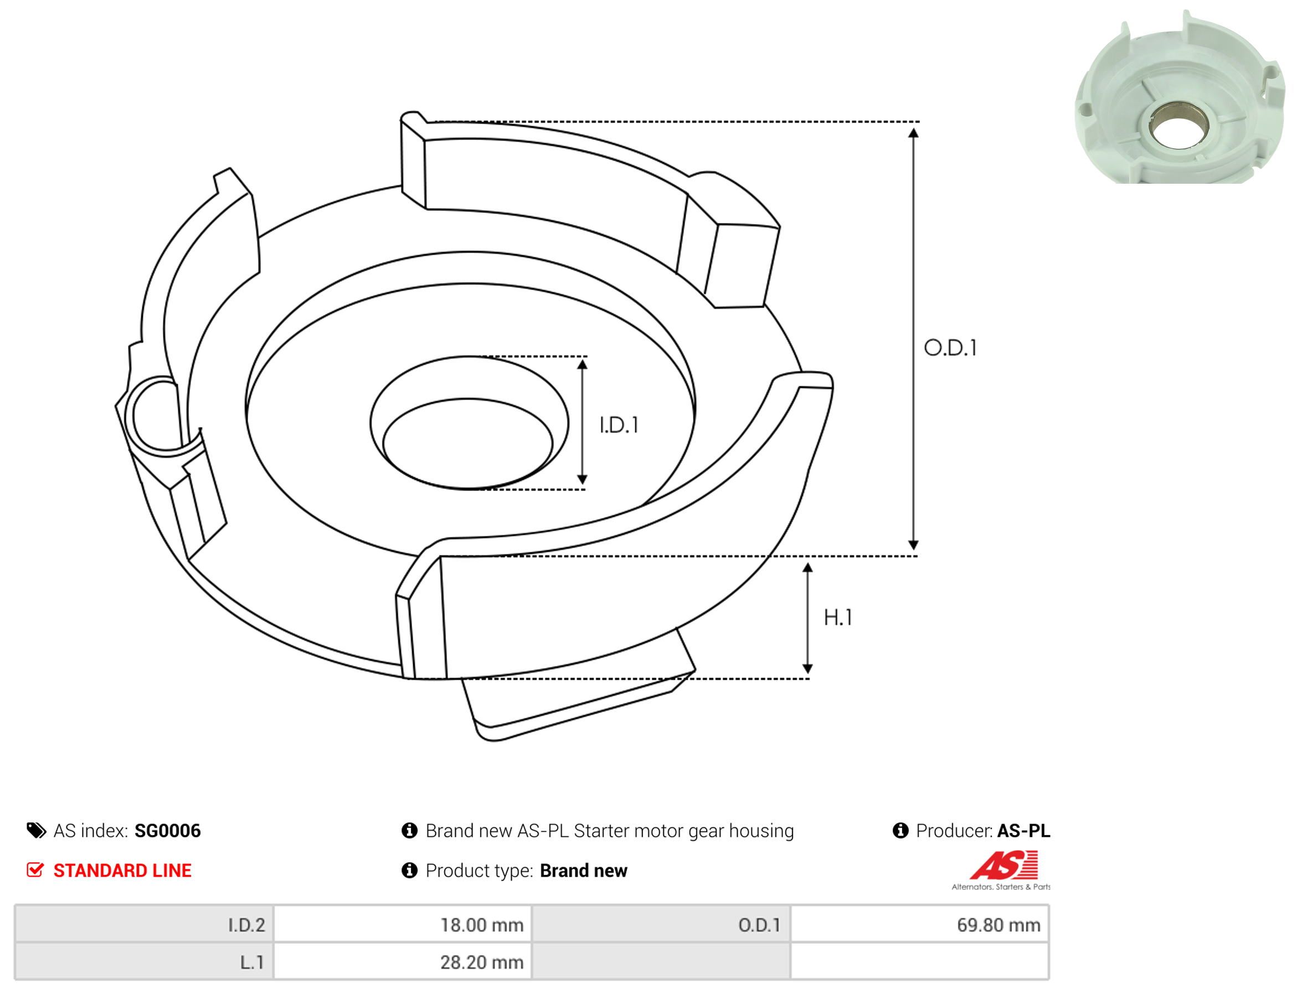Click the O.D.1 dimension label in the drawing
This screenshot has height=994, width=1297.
click(x=950, y=348)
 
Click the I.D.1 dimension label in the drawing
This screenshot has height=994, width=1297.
click(x=619, y=425)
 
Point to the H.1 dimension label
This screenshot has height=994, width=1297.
click(x=838, y=618)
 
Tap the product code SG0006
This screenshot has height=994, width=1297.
click(x=168, y=831)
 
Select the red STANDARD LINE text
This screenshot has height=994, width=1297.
click(x=122, y=871)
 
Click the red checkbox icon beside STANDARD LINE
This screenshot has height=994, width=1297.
click(x=35, y=870)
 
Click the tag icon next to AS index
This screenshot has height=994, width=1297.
click(x=36, y=831)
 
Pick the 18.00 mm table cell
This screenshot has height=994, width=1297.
click(x=403, y=925)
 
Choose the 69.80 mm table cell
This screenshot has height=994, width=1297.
click(x=919, y=925)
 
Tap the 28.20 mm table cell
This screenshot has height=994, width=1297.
click(x=403, y=962)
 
